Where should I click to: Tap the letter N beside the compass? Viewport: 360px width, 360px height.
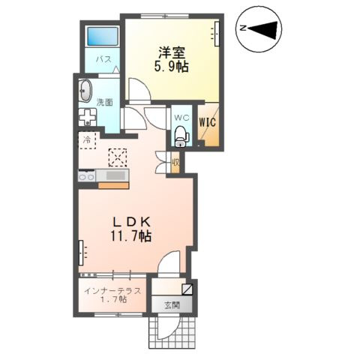[244, 28]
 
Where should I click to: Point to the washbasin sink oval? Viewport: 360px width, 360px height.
[84, 91]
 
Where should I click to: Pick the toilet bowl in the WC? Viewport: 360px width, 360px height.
[180, 136]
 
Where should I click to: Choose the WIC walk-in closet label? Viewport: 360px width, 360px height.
[206, 118]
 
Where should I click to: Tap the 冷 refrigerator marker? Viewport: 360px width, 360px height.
[86, 140]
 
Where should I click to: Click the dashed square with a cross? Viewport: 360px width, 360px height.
[118, 157]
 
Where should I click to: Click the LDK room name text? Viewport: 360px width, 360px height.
[133, 222]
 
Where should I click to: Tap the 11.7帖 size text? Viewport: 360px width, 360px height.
[133, 236]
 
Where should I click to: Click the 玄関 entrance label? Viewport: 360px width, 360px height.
[172, 304]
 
